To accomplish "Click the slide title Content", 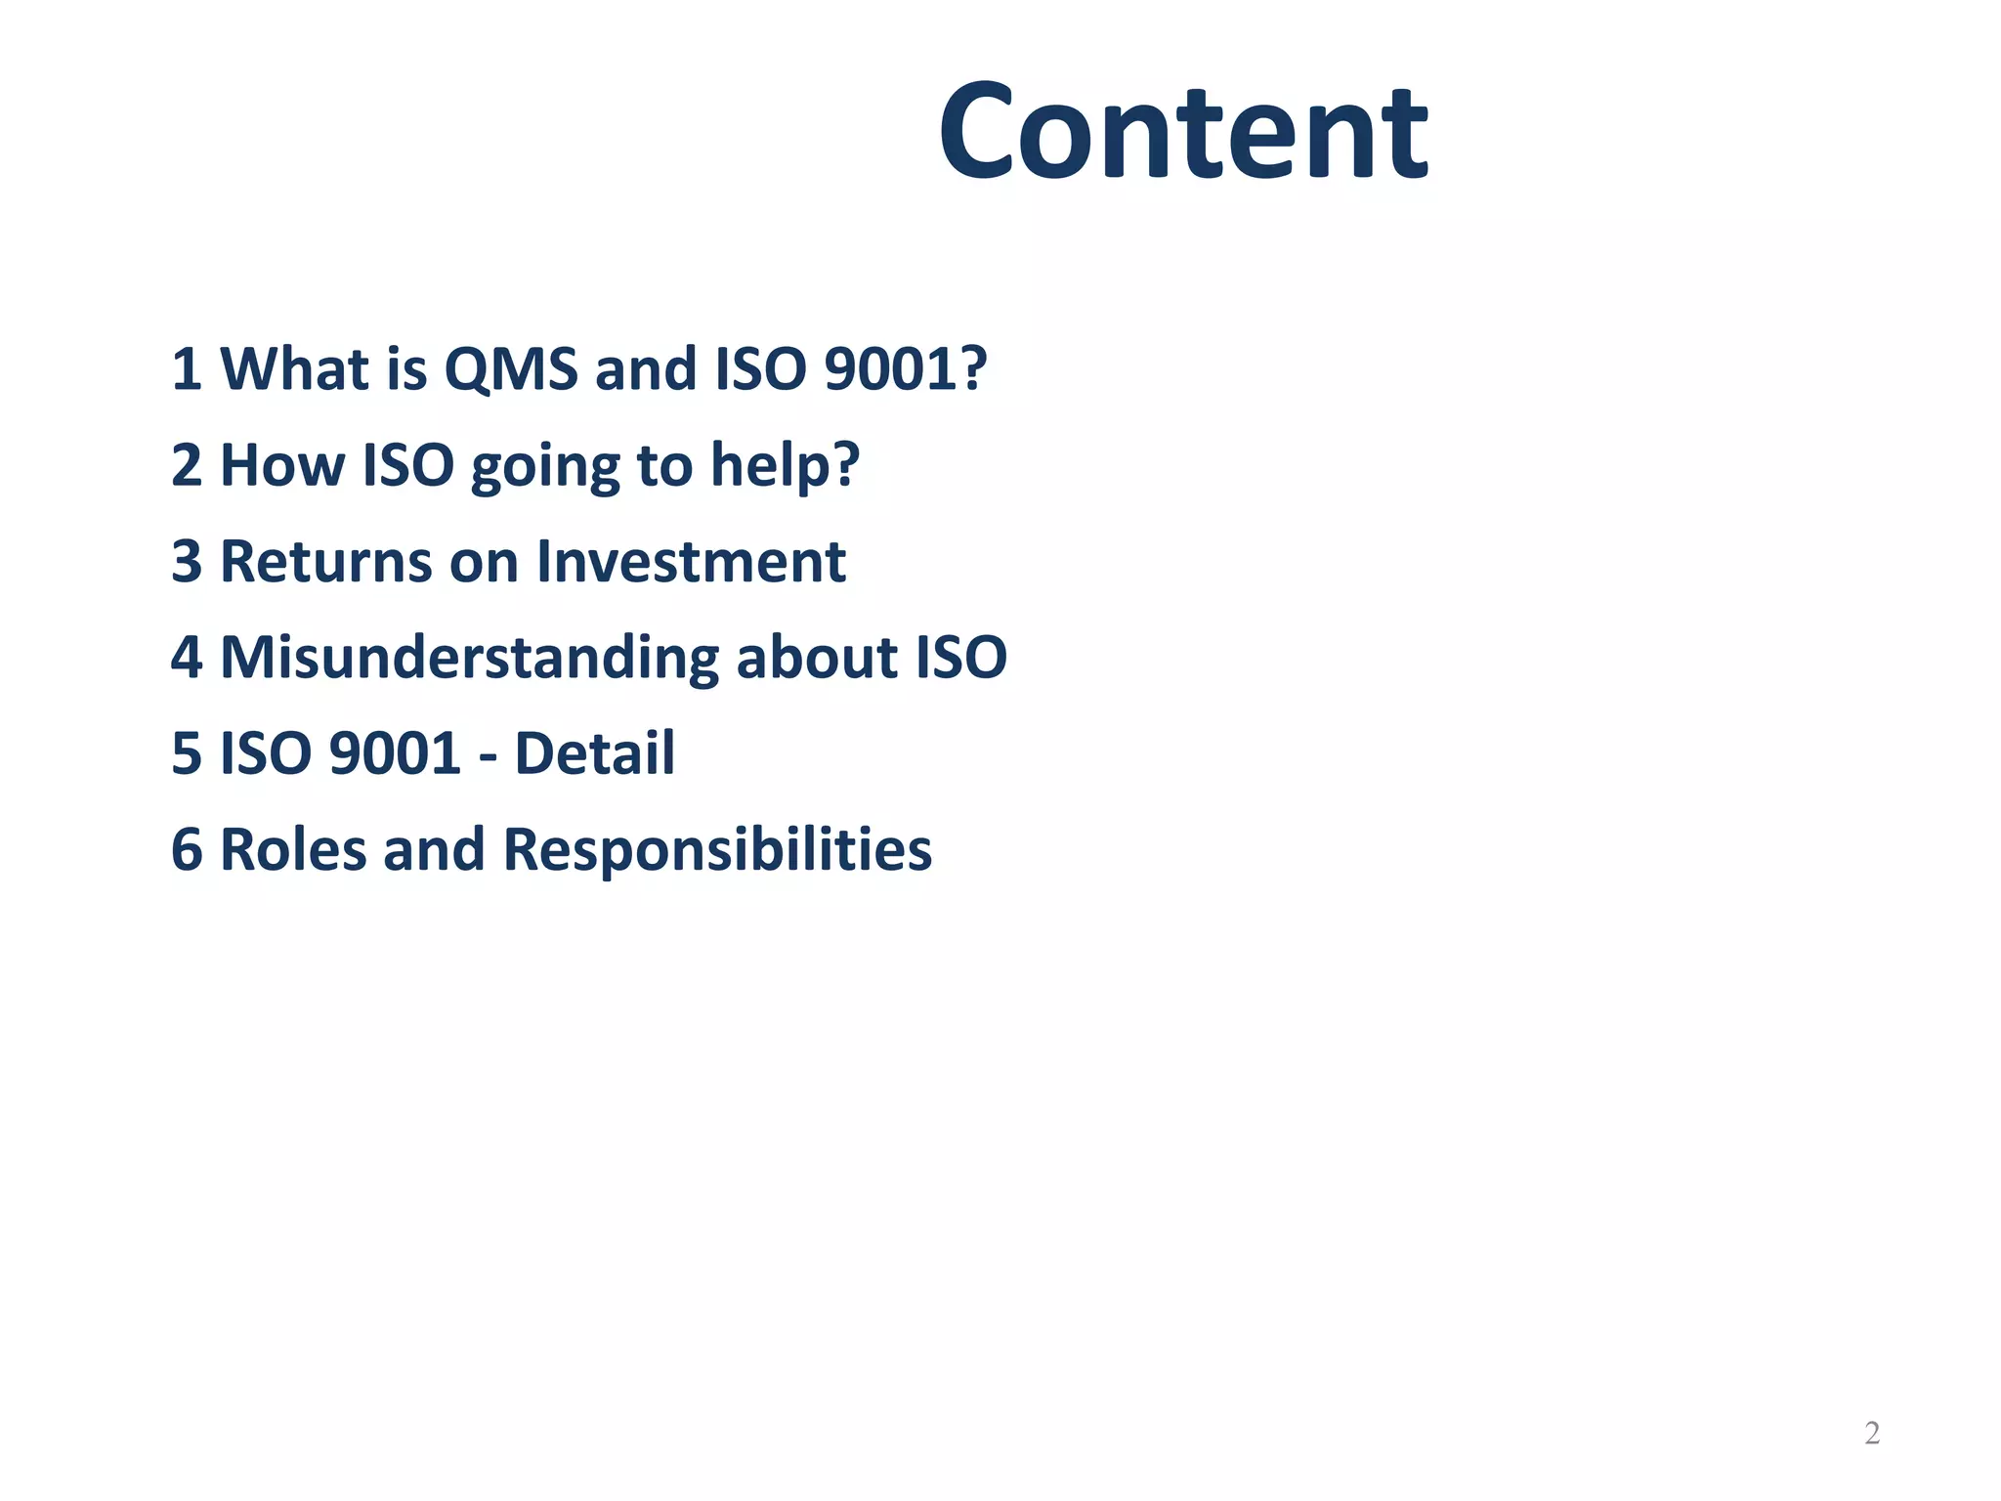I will (x=1183, y=133).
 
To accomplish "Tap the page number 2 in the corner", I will (x=1872, y=1433).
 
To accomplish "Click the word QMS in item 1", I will (x=510, y=369).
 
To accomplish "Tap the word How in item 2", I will (x=282, y=465).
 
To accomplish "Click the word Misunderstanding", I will (x=470, y=657).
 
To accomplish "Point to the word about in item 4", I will (x=817, y=657).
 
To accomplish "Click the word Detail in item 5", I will (x=594, y=753).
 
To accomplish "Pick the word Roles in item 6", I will (x=293, y=849).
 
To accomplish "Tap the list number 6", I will (x=187, y=849).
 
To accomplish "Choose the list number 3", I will (x=187, y=562).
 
